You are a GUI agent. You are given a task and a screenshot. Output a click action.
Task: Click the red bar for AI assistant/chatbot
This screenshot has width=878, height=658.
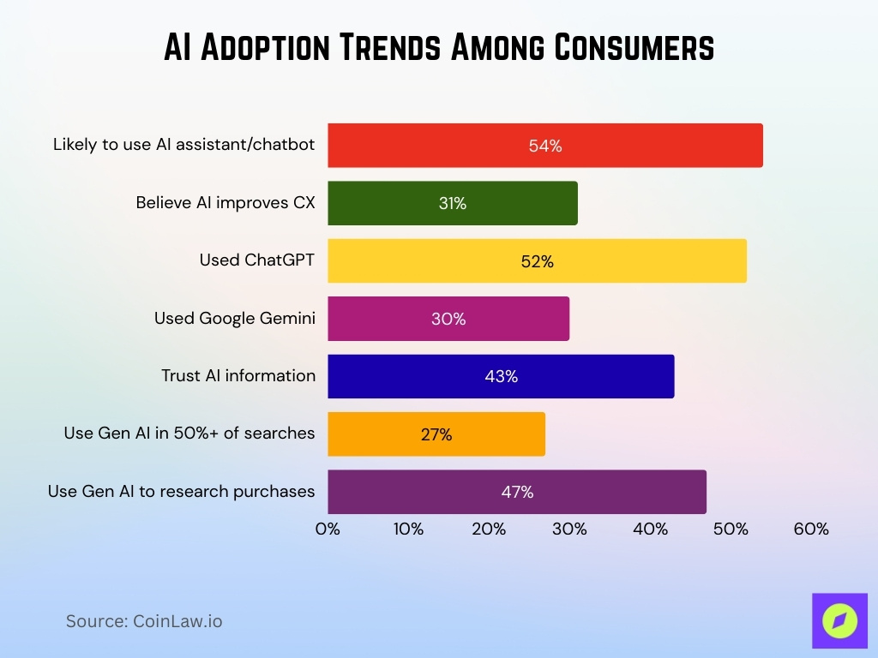tap(544, 146)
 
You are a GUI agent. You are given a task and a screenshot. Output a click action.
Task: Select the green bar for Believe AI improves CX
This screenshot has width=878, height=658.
tap(452, 203)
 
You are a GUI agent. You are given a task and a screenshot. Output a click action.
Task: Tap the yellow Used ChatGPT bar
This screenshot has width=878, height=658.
tap(537, 261)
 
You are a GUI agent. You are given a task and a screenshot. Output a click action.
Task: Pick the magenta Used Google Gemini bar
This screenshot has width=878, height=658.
tap(448, 319)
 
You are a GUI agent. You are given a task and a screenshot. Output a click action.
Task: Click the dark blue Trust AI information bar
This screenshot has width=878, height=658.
tap(501, 376)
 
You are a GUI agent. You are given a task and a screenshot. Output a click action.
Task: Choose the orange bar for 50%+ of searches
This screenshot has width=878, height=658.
tap(436, 434)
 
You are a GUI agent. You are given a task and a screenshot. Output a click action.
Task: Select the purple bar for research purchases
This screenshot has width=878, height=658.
tap(516, 492)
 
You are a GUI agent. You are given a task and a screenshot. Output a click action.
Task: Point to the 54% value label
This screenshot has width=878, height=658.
tap(544, 146)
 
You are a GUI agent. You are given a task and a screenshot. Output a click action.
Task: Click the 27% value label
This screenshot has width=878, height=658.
tap(436, 434)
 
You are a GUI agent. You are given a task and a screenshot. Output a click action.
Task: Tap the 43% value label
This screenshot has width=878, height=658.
tap(501, 376)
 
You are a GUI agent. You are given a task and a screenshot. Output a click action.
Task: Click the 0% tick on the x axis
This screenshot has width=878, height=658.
tap(328, 529)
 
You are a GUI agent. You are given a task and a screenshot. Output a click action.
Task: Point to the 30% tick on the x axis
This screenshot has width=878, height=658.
tap(569, 529)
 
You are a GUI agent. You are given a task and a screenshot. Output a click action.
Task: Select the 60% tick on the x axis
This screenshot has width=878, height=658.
tap(811, 529)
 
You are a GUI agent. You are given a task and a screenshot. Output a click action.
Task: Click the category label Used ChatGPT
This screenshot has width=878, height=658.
tap(257, 260)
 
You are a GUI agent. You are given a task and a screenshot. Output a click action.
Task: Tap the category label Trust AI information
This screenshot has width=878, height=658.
tap(238, 375)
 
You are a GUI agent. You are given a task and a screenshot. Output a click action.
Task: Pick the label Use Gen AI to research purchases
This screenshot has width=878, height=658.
tap(181, 491)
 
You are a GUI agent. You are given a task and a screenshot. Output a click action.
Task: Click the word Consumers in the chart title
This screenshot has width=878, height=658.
tap(634, 48)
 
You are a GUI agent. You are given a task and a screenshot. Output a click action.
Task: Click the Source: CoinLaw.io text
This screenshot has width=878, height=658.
tap(144, 621)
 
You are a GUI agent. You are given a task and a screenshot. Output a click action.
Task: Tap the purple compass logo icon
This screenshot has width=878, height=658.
tap(839, 620)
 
